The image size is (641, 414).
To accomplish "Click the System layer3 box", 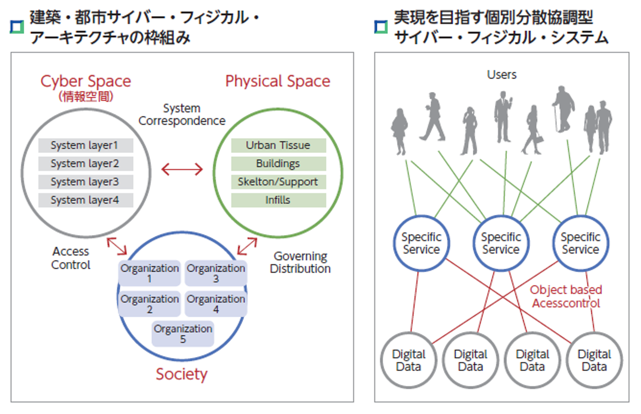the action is (x=86, y=182).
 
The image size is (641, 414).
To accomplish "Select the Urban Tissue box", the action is (x=278, y=145).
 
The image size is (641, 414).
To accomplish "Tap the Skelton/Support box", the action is (x=278, y=182).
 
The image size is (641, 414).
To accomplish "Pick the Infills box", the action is (x=278, y=200).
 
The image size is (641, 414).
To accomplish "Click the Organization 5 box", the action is (x=183, y=334).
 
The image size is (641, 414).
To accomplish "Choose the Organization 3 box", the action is (x=216, y=273).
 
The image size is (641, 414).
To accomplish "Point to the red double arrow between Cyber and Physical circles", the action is (x=182, y=169).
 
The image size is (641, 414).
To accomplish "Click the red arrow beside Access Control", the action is (x=117, y=246).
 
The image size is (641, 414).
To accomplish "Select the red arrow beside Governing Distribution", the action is (x=247, y=246).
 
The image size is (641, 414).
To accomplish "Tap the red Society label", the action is (x=182, y=374).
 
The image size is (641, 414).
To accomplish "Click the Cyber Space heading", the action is (x=86, y=81).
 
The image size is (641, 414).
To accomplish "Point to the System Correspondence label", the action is (x=182, y=114).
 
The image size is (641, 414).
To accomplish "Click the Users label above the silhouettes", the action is (x=502, y=75).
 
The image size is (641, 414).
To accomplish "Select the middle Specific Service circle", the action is (x=501, y=243).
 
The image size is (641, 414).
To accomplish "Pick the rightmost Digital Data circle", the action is (x=594, y=360).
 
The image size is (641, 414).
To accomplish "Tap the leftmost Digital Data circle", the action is (x=409, y=360).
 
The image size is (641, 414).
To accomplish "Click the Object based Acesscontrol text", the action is (x=566, y=296).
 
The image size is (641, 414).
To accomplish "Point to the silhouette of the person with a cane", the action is (x=563, y=109).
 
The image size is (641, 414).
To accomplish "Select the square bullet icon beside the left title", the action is (x=17, y=27).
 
